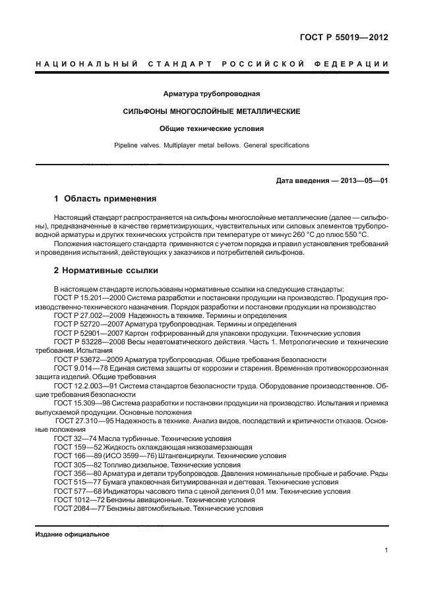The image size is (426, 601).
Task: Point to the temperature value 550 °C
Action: [x=375, y=234]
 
